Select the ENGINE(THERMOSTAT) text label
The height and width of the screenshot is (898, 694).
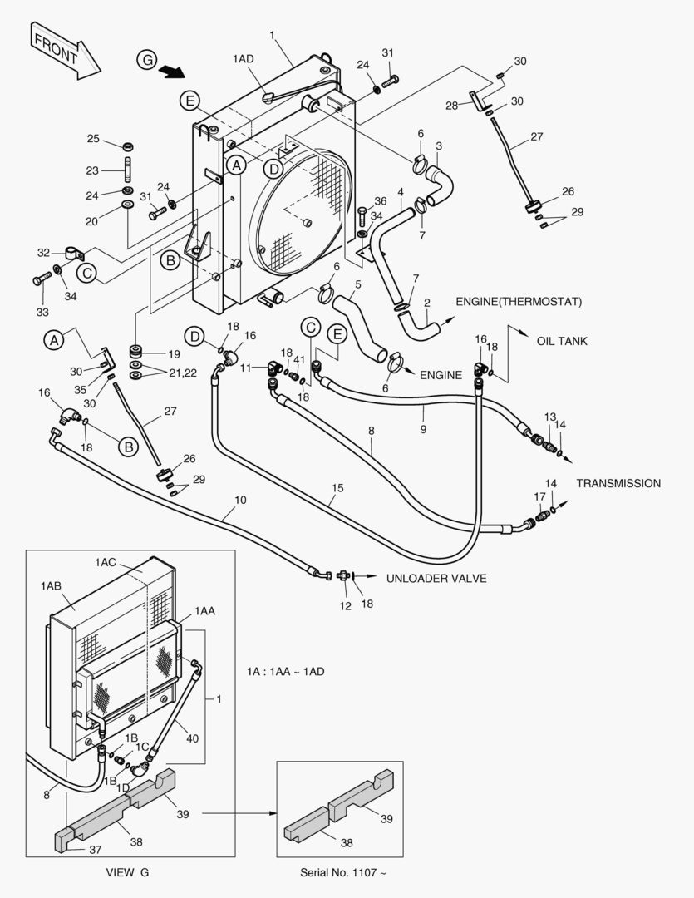click(x=518, y=301)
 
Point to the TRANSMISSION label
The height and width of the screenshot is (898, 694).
click(x=618, y=483)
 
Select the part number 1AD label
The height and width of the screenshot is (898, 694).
click(x=243, y=58)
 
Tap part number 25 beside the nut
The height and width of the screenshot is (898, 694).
click(x=93, y=139)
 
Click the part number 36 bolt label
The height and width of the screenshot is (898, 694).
click(x=380, y=200)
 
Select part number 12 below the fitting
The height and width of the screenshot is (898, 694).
click(x=345, y=606)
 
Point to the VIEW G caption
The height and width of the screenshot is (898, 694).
click(x=128, y=871)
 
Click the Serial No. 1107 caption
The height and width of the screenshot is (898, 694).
click(x=343, y=871)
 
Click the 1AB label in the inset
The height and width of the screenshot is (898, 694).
click(x=50, y=585)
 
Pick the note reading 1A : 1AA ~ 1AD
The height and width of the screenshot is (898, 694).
click(x=285, y=671)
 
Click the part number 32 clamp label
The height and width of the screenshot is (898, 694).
click(x=43, y=252)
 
